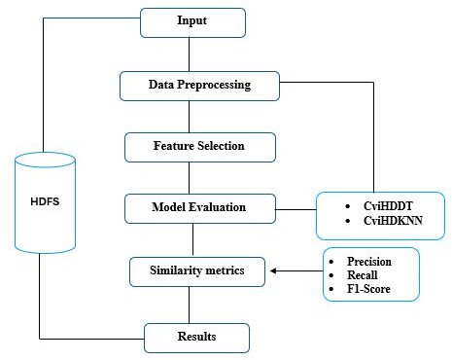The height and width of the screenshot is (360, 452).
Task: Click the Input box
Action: click(x=192, y=22)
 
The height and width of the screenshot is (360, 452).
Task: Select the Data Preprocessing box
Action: click(x=199, y=86)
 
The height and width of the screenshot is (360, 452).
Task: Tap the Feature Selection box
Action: click(x=200, y=147)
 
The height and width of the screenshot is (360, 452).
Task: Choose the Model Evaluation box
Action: click(x=200, y=208)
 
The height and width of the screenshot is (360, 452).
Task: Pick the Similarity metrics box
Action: click(x=197, y=271)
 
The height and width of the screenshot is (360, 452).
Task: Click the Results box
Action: click(x=196, y=338)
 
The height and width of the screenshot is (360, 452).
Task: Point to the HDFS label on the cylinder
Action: click(x=45, y=201)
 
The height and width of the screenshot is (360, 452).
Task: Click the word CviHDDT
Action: click(x=388, y=206)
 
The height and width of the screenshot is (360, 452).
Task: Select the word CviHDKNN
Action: click(x=393, y=221)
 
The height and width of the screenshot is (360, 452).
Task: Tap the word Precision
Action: click(x=369, y=262)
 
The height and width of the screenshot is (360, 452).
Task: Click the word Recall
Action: click(x=363, y=275)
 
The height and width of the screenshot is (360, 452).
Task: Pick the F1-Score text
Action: click(x=368, y=289)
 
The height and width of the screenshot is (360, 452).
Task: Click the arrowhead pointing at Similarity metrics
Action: click(x=273, y=270)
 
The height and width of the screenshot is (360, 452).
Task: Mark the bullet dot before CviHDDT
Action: click(x=348, y=206)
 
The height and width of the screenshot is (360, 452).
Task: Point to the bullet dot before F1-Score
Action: click(x=331, y=289)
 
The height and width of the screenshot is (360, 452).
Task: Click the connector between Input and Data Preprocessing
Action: click(x=190, y=54)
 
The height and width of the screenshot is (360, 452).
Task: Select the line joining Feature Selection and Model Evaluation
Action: click(x=190, y=178)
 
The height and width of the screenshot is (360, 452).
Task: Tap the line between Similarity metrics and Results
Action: click(x=190, y=305)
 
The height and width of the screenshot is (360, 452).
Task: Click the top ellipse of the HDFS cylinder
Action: click(x=45, y=160)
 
